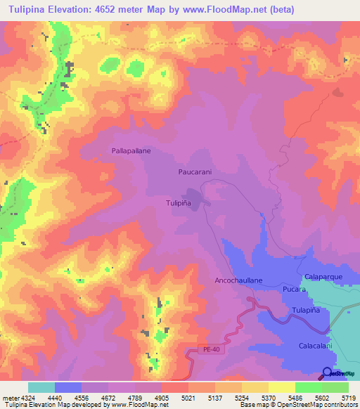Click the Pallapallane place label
point(131,151)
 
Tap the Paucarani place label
point(195,171)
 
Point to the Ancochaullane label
point(238,280)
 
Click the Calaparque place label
point(322,276)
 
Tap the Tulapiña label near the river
point(305,310)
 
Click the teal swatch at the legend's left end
point(41,387)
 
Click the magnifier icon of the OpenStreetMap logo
point(328,373)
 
